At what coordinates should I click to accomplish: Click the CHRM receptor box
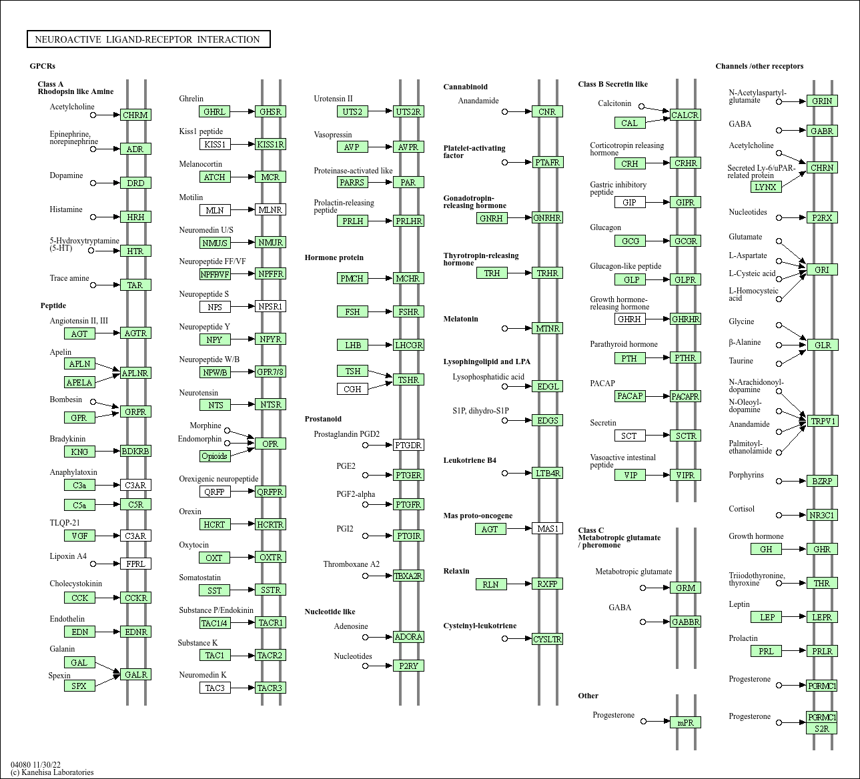[x=135, y=115]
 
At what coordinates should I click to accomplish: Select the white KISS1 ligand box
[x=215, y=144]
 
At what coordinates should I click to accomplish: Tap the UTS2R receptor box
[x=408, y=111]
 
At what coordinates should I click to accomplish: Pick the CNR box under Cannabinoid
[x=547, y=111]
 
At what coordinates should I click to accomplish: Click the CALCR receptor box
[x=685, y=115]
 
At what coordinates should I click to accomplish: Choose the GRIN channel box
[x=822, y=101]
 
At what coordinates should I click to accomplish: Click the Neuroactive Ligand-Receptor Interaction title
[x=148, y=39]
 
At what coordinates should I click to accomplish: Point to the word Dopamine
[x=66, y=175]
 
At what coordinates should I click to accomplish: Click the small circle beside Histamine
[x=93, y=217]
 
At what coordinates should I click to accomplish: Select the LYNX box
[x=765, y=187]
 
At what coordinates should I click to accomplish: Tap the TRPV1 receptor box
[x=822, y=421]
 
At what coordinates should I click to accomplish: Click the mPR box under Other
[x=685, y=722]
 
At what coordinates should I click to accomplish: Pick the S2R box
[x=822, y=728]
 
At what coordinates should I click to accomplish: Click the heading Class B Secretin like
[x=612, y=84]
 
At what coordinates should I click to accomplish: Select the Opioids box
[x=214, y=456]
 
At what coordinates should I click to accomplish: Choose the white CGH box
[x=352, y=389]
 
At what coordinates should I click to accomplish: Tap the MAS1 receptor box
[x=548, y=528]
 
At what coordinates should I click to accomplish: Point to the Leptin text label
[x=739, y=604]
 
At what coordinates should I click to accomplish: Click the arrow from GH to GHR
[x=793, y=549]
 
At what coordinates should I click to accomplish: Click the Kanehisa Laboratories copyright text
[x=52, y=772]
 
